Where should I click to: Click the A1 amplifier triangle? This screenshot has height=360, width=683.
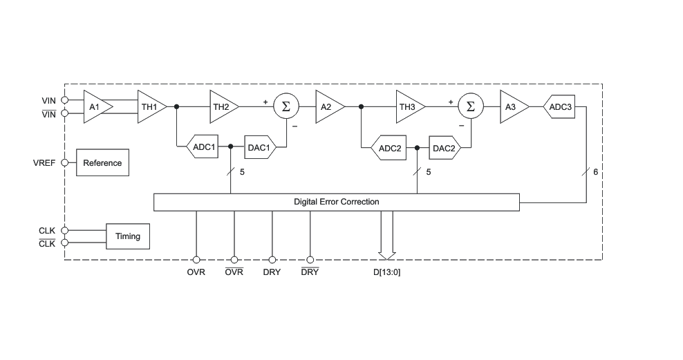pos(97,106)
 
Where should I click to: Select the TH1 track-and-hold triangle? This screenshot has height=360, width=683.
pos(151,106)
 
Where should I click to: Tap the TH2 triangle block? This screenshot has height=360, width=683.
pos(223,106)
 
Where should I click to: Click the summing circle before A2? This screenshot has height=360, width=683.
pos(286,106)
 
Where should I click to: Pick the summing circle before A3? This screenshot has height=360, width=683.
pos(471,106)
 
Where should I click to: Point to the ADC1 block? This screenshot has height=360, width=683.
pos(203,147)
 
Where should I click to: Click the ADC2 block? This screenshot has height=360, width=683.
pos(389,148)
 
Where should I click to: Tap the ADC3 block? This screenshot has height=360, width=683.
pos(559,106)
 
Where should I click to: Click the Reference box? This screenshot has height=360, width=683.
pos(102,163)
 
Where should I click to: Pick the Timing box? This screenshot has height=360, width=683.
pos(128,236)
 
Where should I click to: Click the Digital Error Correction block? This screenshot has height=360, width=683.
pos(336,202)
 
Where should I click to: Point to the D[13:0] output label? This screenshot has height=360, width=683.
pos(387,272)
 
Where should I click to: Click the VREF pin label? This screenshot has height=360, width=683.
pos(44,163)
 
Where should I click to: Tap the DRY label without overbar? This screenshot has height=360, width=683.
pos(272,272)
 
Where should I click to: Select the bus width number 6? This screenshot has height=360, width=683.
pos(595,172)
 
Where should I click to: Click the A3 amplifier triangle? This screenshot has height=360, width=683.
pos(513,106)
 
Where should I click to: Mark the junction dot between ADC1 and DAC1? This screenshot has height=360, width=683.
pos(231,146)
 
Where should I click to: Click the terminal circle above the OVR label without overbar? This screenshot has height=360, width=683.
pos(196,260)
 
